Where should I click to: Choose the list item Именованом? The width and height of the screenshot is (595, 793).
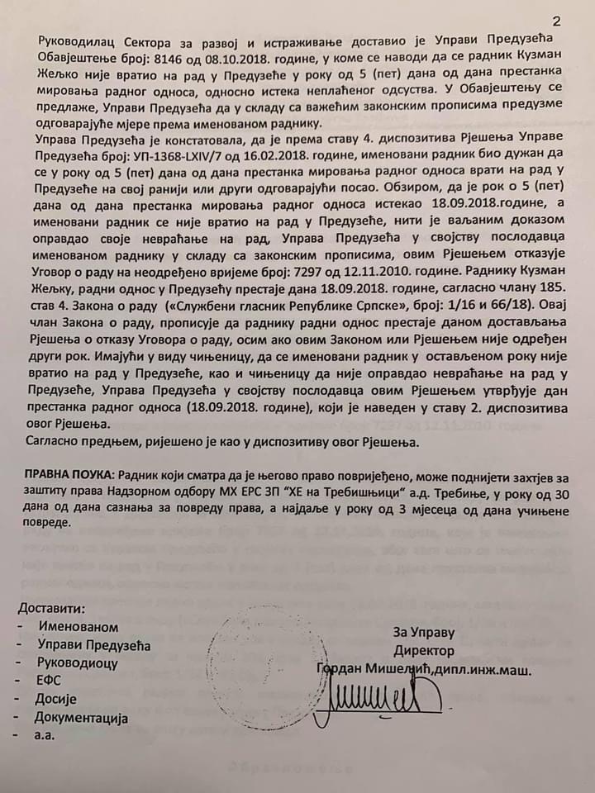[x=78, y=627]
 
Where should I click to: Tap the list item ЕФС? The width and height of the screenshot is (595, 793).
[x=50, y=681]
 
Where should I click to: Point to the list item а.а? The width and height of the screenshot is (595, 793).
[x=45, y=735]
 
